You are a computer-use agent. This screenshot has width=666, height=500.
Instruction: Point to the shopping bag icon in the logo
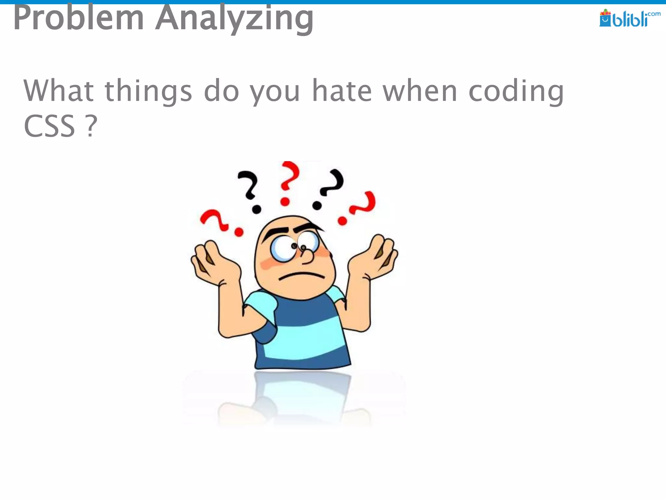pyautogui.click(x=605, y=19)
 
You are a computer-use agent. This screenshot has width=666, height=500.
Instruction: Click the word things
pyautogui.click(x=148, y=91)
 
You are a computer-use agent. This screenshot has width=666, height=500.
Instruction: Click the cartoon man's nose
pyautogui.click(x=307, y=256)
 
